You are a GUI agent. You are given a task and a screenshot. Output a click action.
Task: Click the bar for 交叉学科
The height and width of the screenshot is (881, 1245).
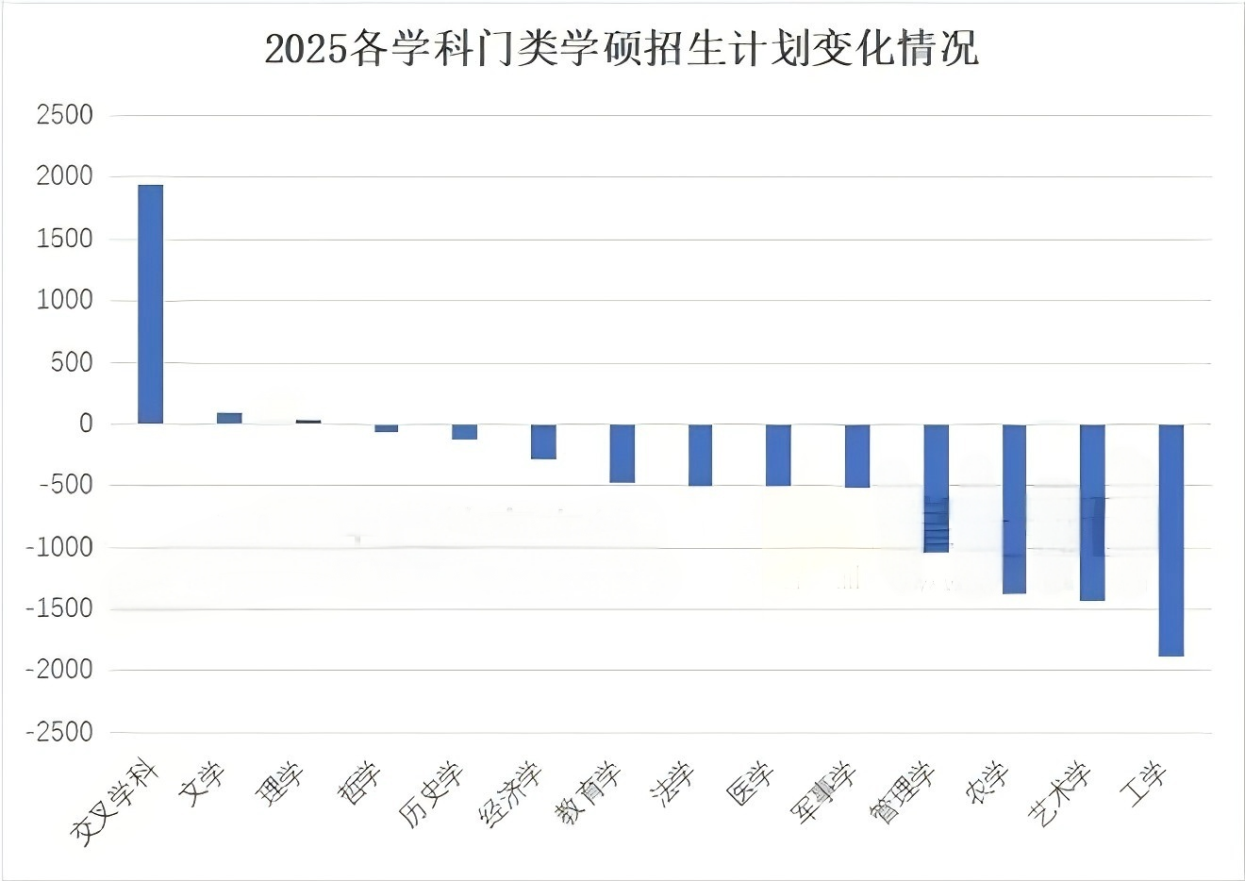coord(151,304)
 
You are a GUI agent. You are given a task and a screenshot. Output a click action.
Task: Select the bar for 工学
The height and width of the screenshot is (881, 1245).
coord(1170,540)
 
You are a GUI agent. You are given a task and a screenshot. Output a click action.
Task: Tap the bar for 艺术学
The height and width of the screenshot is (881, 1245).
coord(1092,512)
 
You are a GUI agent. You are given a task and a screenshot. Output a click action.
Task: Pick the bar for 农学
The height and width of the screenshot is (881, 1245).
coord(1014,508)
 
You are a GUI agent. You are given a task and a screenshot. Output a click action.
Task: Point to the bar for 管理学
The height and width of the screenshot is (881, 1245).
coord(936,488)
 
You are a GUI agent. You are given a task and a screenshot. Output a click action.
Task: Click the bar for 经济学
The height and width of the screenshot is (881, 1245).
coord(543,441)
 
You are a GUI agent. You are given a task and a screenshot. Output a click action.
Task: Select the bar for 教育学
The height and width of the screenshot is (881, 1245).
coord(622,454)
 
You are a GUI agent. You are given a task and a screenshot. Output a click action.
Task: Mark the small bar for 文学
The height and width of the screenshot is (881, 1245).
coord(229,418)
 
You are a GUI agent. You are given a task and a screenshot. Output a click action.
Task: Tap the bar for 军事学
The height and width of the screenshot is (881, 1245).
coord(856,456)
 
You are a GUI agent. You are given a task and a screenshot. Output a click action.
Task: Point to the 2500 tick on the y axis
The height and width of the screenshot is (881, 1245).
coord(64,115)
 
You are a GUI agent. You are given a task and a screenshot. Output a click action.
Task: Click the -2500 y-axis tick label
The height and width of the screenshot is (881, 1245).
coord(59,732)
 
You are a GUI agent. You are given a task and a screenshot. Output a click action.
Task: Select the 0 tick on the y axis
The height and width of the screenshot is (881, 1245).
coord(86,424)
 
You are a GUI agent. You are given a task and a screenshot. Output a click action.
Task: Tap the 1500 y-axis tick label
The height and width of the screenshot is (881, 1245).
coord(64,239)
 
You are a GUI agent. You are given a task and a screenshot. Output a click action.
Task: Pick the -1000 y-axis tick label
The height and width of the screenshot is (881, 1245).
coord(59,547)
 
